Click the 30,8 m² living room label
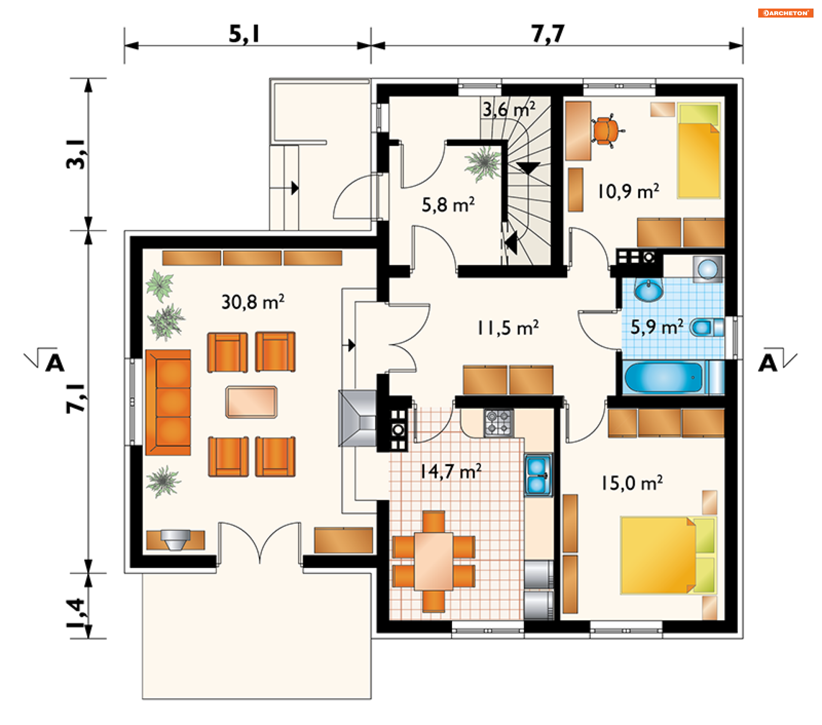click(x=253, y=302)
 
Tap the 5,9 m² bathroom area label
click(x=657, y=327)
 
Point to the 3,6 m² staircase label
click(x=509, y=109)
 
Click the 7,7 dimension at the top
click(x=548, y=33)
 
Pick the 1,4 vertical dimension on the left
click(x=76, y=613)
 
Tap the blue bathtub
click(x=664, y=377)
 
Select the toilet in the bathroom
click(x=707, y=328)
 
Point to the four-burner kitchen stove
click(x=499, y=423)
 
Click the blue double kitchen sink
click(x=538, y=475)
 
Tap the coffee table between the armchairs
click(x=251, y=402)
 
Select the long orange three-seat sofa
click(x=168, y=402)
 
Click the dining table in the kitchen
click(x=433, y=561)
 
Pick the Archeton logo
click(x=786, y=13)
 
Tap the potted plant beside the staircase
click(x=484, y=163)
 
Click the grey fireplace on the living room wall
click(x=357, y=418)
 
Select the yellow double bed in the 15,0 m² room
click(x=668, y=556)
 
